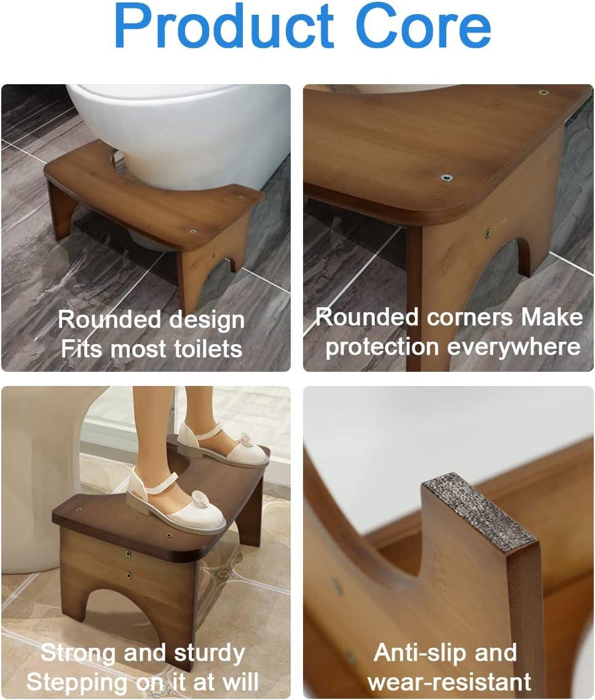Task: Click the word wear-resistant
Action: tap(449, 682)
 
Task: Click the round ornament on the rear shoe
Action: tap(246, 441)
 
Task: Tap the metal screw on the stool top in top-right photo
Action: tap(446, 178)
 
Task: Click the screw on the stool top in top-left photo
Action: tap(193, 232)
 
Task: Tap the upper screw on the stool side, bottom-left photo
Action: tap(128, 554)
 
